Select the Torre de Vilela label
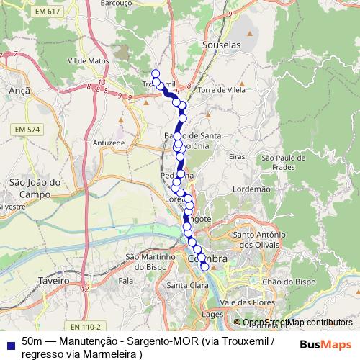[x=221, y=90]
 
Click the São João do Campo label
[x=30, y=189]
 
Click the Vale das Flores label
[x=249, y=302]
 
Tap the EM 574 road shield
[x=28, y=129]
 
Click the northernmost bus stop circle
[x=155, y=73]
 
